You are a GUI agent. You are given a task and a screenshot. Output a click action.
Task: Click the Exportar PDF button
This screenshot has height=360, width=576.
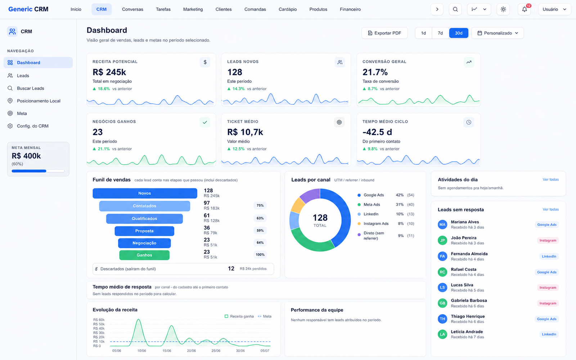tap(384, 33)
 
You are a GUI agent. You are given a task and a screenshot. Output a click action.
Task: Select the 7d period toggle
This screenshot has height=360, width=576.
tap(440, 33)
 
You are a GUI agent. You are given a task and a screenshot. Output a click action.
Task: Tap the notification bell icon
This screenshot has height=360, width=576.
tap(524, 9)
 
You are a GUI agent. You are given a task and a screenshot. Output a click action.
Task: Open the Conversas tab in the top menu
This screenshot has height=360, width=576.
tap(132, 9)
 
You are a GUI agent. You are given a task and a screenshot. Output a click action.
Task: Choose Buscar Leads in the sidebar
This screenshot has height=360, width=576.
tap(30, 88)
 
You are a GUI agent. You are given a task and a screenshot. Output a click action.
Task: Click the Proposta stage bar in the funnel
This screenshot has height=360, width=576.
tap(144, 231)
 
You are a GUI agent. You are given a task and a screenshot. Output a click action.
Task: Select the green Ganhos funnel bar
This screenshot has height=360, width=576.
tap(144, 255)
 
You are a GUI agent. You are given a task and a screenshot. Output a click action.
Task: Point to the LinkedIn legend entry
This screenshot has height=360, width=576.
tap(371, 214)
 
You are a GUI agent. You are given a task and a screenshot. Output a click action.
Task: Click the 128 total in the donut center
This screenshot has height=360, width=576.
tap(320, 217)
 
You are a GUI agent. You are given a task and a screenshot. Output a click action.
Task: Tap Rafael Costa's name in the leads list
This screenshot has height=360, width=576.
tap(463, 269)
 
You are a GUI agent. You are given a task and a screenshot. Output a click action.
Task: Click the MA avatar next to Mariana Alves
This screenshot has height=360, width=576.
tap(442, 225)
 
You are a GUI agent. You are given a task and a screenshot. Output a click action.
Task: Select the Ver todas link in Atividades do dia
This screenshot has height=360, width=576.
tap(550, 180)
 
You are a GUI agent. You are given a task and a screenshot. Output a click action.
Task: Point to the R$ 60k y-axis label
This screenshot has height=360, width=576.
tap(99, 320)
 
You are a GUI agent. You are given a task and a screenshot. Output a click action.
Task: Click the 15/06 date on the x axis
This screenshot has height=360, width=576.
tap(167, 351)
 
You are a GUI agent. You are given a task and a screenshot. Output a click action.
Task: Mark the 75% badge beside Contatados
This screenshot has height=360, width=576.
tap(260, 206)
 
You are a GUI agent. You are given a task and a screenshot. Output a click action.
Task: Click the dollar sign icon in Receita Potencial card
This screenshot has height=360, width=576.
tap(205, 62)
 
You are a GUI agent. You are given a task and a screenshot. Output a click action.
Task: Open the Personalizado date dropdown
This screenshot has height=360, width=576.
tap(498, 33)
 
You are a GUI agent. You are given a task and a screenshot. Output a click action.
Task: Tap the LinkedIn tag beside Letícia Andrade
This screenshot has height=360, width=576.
tap(549, 334)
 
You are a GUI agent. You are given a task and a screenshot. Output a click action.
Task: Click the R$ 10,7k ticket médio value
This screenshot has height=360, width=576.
tap(245, 132)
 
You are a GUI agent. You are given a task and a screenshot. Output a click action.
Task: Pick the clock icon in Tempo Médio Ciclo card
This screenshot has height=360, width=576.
tap(468, 122)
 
